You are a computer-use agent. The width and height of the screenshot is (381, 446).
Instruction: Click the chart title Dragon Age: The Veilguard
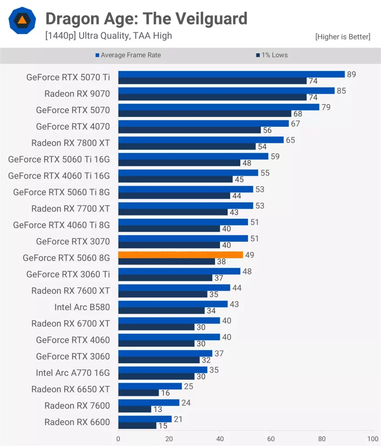coord(146,19)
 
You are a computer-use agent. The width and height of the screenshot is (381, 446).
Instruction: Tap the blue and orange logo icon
coord(22,20)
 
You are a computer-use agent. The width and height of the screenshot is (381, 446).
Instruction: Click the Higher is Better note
coord(343,37)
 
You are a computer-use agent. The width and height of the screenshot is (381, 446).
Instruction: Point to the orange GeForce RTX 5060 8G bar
coord(180,255)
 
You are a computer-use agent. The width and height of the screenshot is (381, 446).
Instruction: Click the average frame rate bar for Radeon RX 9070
coord(226,91)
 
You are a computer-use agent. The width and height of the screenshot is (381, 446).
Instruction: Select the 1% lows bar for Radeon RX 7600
coord(135,409)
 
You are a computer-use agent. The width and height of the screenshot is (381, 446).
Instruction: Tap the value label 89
coord(351,74)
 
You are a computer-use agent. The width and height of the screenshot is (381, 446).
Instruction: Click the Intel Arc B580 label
coord(82,307)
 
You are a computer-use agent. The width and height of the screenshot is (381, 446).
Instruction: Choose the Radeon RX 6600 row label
coord(77,422)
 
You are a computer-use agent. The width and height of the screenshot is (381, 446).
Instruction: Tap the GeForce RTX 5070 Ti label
coord(68,78)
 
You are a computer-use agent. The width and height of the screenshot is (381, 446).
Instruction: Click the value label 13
coord(158,409)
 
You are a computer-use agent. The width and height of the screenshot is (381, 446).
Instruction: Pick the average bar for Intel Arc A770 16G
coord(163,370)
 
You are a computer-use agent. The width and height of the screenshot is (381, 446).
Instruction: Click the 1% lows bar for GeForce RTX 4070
coord(189,130)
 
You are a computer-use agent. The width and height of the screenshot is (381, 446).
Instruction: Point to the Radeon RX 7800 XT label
coord(71,143)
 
